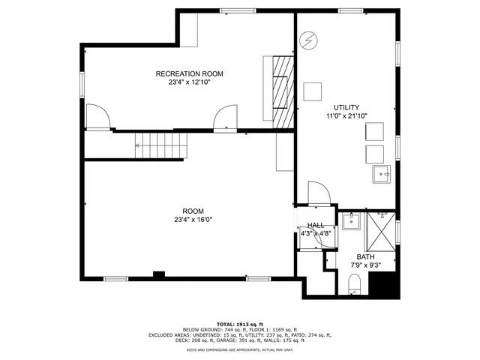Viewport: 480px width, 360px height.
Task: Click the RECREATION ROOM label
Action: coord(189,73)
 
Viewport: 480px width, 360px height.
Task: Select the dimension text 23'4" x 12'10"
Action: coord(189,82)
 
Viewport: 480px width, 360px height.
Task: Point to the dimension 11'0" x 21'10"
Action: coord(346,116)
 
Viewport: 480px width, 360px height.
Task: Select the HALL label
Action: coord(316,225)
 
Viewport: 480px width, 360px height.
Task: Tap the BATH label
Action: coord(365,256)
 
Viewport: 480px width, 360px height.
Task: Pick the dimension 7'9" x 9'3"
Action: coord(366,265)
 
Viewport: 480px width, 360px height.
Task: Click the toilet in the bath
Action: coord(355,285)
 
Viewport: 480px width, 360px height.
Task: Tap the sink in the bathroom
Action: coord(351,221)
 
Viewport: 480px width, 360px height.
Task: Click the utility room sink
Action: coord(382,175)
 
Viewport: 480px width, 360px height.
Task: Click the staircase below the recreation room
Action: coord(160,142)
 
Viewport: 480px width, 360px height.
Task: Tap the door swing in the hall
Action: coord(327,237)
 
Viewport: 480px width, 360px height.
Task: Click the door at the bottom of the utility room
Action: coord(318,193)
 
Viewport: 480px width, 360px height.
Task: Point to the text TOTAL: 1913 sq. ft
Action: coord(240,323)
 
